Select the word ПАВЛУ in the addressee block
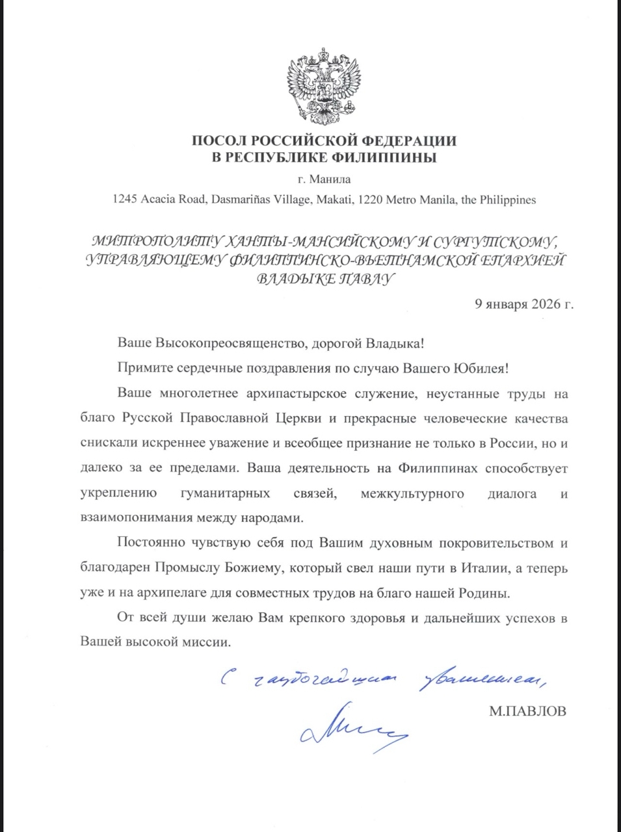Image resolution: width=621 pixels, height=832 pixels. click(367, 279)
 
